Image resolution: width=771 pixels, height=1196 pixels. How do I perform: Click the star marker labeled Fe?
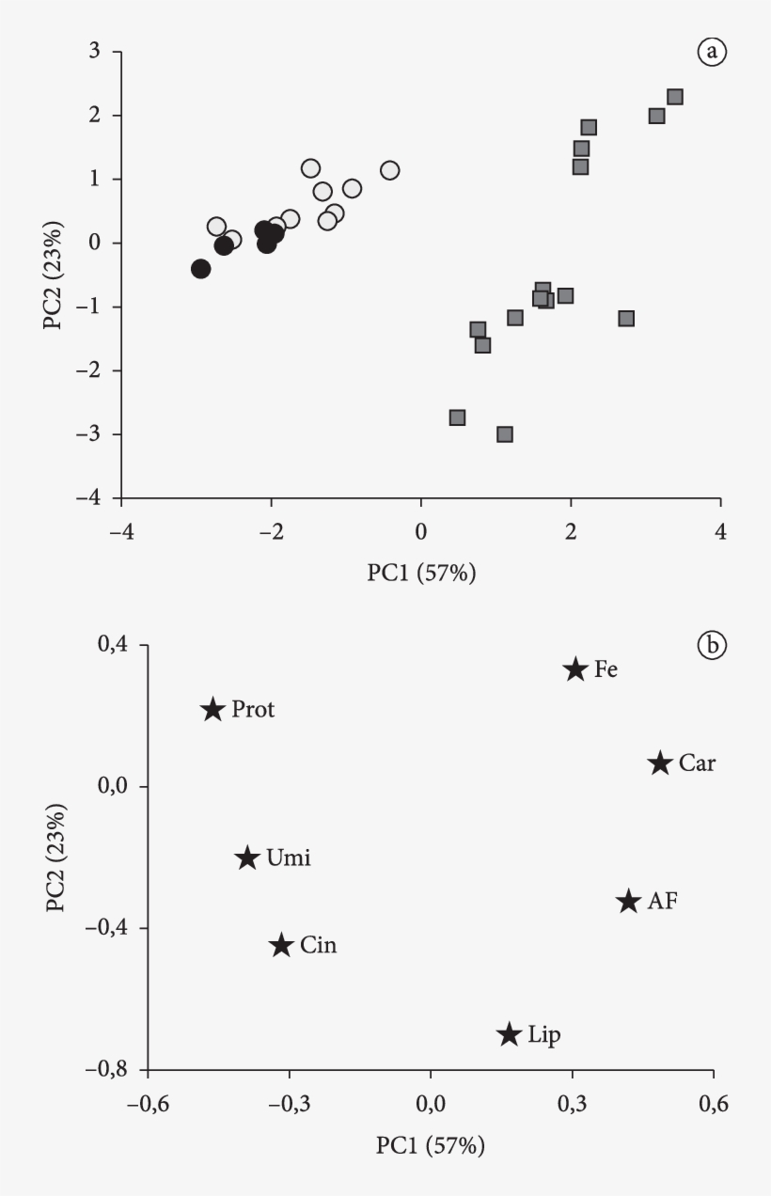click(x=575, y=669)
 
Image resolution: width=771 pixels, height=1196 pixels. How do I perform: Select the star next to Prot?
click(x=212, y=709)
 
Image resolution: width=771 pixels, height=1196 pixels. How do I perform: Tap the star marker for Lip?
click(x=509, y=1034)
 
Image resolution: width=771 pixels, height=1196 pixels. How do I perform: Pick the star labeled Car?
click(x=660, y=763)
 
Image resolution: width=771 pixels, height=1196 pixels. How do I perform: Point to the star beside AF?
click(x=628, y=901)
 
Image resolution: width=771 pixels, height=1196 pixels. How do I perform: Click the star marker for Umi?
click(x=247, y=858)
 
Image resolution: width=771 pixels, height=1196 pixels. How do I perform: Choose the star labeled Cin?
click(x=281, y=945)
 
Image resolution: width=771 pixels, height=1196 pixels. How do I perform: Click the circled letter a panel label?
click(x=712, y=52)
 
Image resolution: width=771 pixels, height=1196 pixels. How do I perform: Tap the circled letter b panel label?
click(x=712, y=645)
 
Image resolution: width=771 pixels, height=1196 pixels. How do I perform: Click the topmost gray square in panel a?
click(x=674, y=97)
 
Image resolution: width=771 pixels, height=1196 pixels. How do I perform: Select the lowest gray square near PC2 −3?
click(x=505, y=434)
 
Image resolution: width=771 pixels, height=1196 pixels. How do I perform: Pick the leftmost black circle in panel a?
click(x=200, y=269)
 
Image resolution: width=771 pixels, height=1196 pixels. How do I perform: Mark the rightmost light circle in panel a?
click(x=389, y=170)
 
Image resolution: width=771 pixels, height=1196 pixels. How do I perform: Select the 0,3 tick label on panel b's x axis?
click(x=572, y=1100)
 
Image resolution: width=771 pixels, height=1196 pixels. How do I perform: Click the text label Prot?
click(x=253, y=710)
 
